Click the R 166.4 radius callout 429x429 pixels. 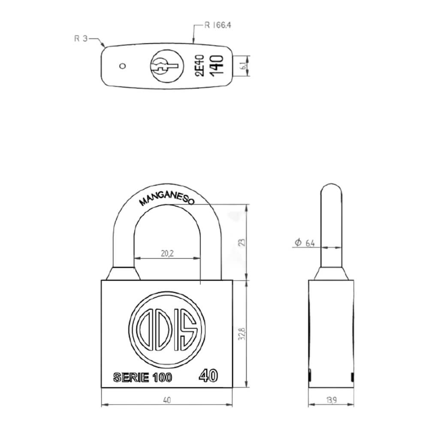pyautogui.click(x=218, y=25)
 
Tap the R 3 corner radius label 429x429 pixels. pyautogui.click(x=81, y=39)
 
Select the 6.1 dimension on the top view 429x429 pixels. pyautogui.click(x=243, y=66)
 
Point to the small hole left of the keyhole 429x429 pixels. pyautogui.click(x=123, y=66)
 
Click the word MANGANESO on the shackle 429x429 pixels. pyautogui.click(x=167, y=200)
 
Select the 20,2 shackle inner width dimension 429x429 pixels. pyautogui.click(x=167, y=254)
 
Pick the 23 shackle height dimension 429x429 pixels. pyautogui.click(x=242, y=242)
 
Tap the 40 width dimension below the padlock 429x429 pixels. pyautogui.click(x=167, y=400)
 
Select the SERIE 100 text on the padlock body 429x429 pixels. pyautogui.click(x=142, y=378)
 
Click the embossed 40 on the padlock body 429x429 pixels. pyautogui.click(x=208, y=375)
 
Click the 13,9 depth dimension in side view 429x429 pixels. pyautogui.click(x=331, y=401)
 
